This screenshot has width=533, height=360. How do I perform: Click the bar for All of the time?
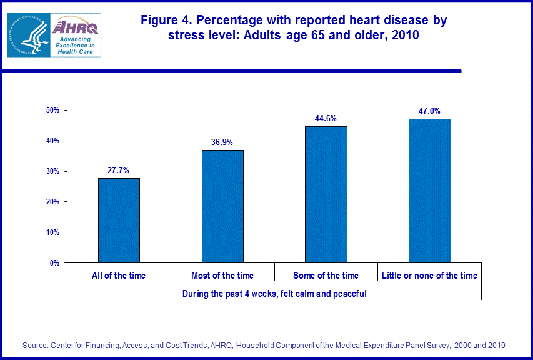coord(119,220)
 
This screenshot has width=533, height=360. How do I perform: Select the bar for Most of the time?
coord(222,206)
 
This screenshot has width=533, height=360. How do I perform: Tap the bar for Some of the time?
coord(326,194)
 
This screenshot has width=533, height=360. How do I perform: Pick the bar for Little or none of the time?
coord(429,191)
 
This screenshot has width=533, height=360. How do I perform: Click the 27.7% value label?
coord(119,171)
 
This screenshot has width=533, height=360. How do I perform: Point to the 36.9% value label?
coord(222,142)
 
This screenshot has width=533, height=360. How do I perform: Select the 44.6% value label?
coord(326,119)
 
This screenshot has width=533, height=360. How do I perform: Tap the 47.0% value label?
coord(429,111)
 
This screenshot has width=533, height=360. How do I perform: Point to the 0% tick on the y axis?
coord(54,263)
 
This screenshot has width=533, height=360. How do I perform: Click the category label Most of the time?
coord(222,276)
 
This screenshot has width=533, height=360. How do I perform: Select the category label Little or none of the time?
coord(429,276)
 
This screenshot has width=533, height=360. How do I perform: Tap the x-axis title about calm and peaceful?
coord(274,293)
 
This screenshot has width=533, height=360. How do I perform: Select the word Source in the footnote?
coord(35,345)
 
